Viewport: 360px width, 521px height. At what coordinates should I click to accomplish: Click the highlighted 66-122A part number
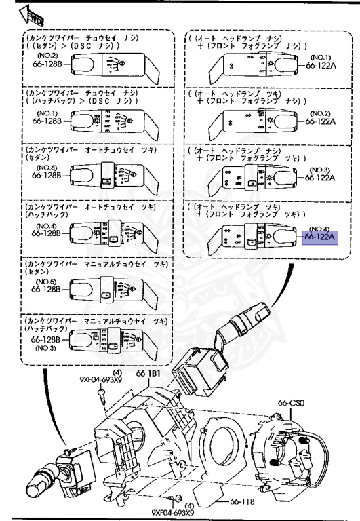[x=321, y=238]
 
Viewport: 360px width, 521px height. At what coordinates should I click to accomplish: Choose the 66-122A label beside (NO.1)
[x=321, y=65]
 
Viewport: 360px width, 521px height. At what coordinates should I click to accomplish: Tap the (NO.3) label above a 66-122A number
[x=321, y=169]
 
